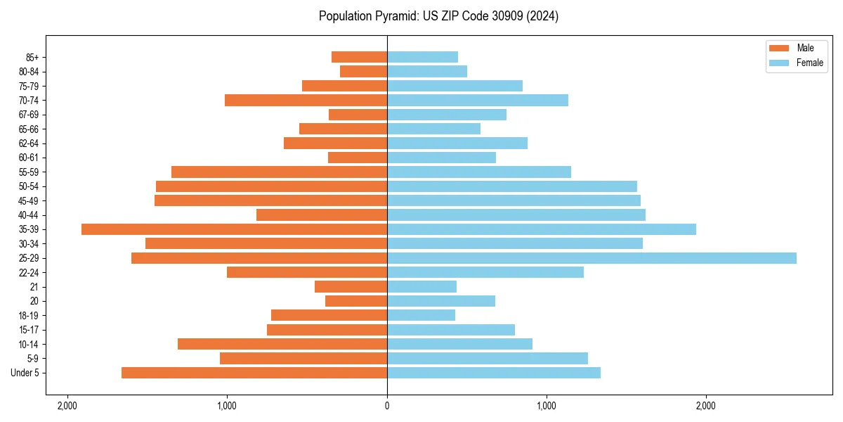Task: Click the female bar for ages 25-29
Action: pyautogui.click(x=592, y=258)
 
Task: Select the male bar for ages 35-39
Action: pyautogui.click(x=234, y=229)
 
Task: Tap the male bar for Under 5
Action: pyautogui.click(x=254, y=373)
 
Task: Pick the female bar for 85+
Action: pyautogui.click(x=422, y=57)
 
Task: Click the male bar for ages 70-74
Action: pyautogui.click(x=306, y=100)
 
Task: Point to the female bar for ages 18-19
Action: pyautogui.click(x=421, y=315)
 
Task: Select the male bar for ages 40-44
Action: pyautogui.click(x=322, y=215)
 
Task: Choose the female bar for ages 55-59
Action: pyautogui.click(x=479, y=172)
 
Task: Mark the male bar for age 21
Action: pyautogui.click(x=351, y=286)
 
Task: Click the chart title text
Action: pyautogui.click(x=438, y=16)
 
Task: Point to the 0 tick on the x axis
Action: pyautogui.click(x=387, y=406)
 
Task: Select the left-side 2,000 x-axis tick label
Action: pyautogui.click(x=67, y=406)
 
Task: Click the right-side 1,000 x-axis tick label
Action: pyautogui.click(x=547, y=406)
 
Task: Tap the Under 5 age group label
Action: pyautogui.click(x=25, y=373)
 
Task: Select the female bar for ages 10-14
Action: pyautogui.click(x=459, y=344)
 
